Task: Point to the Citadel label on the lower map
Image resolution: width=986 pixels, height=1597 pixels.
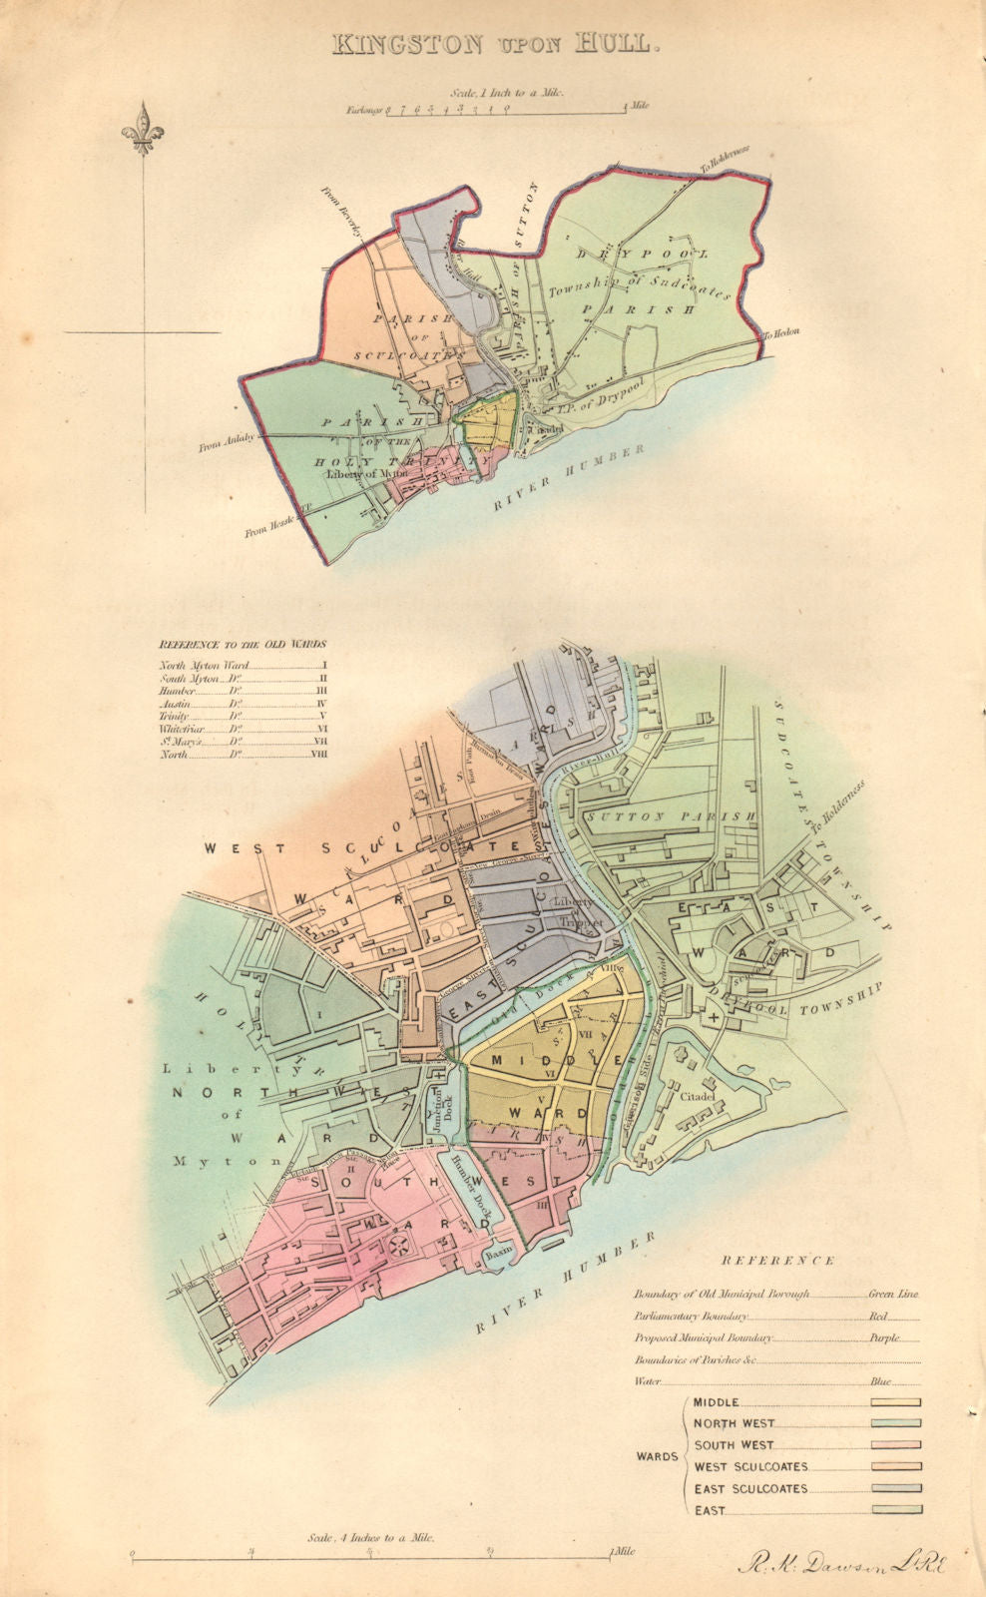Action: point(699,1097)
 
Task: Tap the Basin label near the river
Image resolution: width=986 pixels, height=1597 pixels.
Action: point(498,1254)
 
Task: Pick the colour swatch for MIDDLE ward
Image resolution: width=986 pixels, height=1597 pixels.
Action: point(895,1402)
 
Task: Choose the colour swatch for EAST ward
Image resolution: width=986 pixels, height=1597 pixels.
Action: point(895,1510)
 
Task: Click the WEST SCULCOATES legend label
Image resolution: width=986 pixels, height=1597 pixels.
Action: point(750,1467)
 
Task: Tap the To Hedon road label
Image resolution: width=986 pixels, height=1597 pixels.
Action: point(782,335)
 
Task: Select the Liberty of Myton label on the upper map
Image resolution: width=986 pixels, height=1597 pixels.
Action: point(365,473)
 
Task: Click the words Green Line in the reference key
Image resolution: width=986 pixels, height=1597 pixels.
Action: point(893,1294)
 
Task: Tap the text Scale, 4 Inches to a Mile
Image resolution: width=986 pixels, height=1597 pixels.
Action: point(370,1538)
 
